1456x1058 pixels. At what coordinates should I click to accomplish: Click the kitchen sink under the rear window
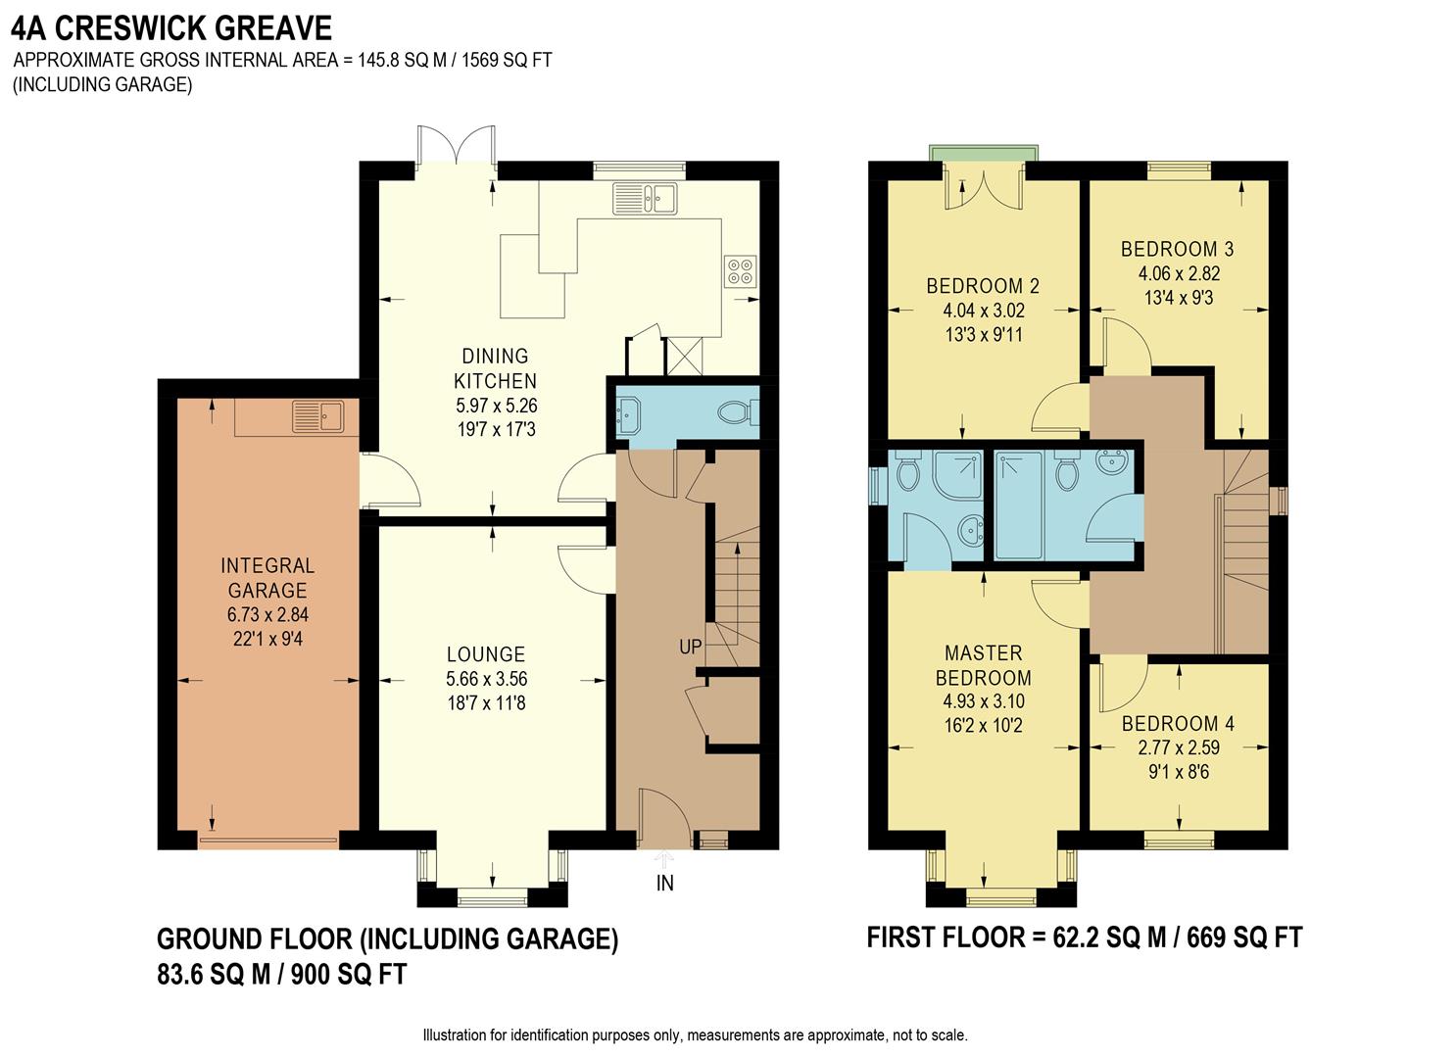point(645,199)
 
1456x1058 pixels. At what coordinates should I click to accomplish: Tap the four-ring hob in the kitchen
point(740,270)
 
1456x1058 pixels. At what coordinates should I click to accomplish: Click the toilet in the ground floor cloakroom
point(736,413)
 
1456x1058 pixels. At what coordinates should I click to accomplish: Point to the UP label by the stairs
point(690,648)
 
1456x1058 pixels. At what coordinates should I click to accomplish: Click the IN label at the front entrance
point(665,884)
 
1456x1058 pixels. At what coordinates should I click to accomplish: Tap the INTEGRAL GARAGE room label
point(267,578)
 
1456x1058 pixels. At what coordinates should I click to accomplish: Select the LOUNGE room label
point(486,654)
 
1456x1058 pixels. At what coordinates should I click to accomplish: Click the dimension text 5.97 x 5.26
point(496,405)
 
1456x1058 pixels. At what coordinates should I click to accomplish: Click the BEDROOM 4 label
point(1178,724)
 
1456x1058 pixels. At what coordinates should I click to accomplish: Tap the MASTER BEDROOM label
point(983,665)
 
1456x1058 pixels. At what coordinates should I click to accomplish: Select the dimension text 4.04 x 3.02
point(983,311)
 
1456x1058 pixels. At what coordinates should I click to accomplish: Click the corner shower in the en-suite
point(957,473)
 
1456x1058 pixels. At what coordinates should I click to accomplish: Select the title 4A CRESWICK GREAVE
point(171,27)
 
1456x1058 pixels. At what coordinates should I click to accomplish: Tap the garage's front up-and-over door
point(268,840)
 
